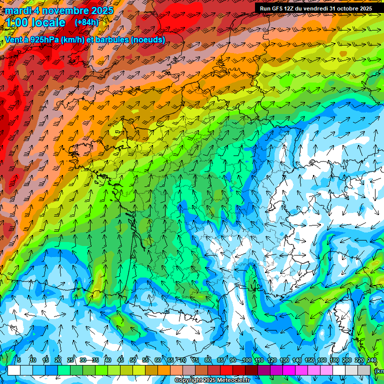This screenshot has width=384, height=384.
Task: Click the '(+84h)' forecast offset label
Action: click(x=86, y=22)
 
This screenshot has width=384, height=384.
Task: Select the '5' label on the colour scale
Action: click(x=19, y=360)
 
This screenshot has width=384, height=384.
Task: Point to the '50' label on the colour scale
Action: click(x=133, y=360)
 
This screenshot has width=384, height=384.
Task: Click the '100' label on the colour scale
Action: click(x=246, y=360)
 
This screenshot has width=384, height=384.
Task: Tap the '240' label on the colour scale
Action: click(x=372, y=360)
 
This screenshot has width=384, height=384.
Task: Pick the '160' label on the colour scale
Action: click(x=322, y=360)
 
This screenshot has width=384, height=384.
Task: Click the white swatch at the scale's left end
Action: click(x=14, y=370)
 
